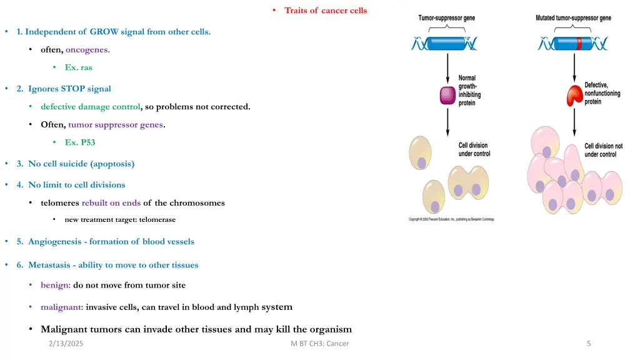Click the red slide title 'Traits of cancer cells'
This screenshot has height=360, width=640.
click(x=326, y=10)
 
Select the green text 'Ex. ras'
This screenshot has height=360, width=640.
click(x=78, y=67)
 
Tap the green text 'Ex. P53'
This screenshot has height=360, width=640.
click(x=80, y=142)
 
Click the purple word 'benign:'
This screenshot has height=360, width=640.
click(x=55, y=285)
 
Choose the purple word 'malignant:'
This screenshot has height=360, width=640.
click(x=62, y=307)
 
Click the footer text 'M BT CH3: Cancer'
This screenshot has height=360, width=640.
click(x=316, y=344)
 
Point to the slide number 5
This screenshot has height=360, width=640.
click(x=589, y=344)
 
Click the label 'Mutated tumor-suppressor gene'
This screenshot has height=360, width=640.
click(x=574, y=18)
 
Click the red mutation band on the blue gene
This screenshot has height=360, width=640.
click(x=579, y=44)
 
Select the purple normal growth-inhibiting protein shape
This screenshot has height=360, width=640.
click(x=447, y=95)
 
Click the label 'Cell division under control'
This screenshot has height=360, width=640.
click(x=474, y=149)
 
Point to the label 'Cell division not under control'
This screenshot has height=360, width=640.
click(x=603, y=150)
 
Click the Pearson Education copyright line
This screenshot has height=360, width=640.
click(x=451, y=219)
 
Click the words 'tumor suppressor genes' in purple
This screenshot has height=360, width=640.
click(x=116, y=124)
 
